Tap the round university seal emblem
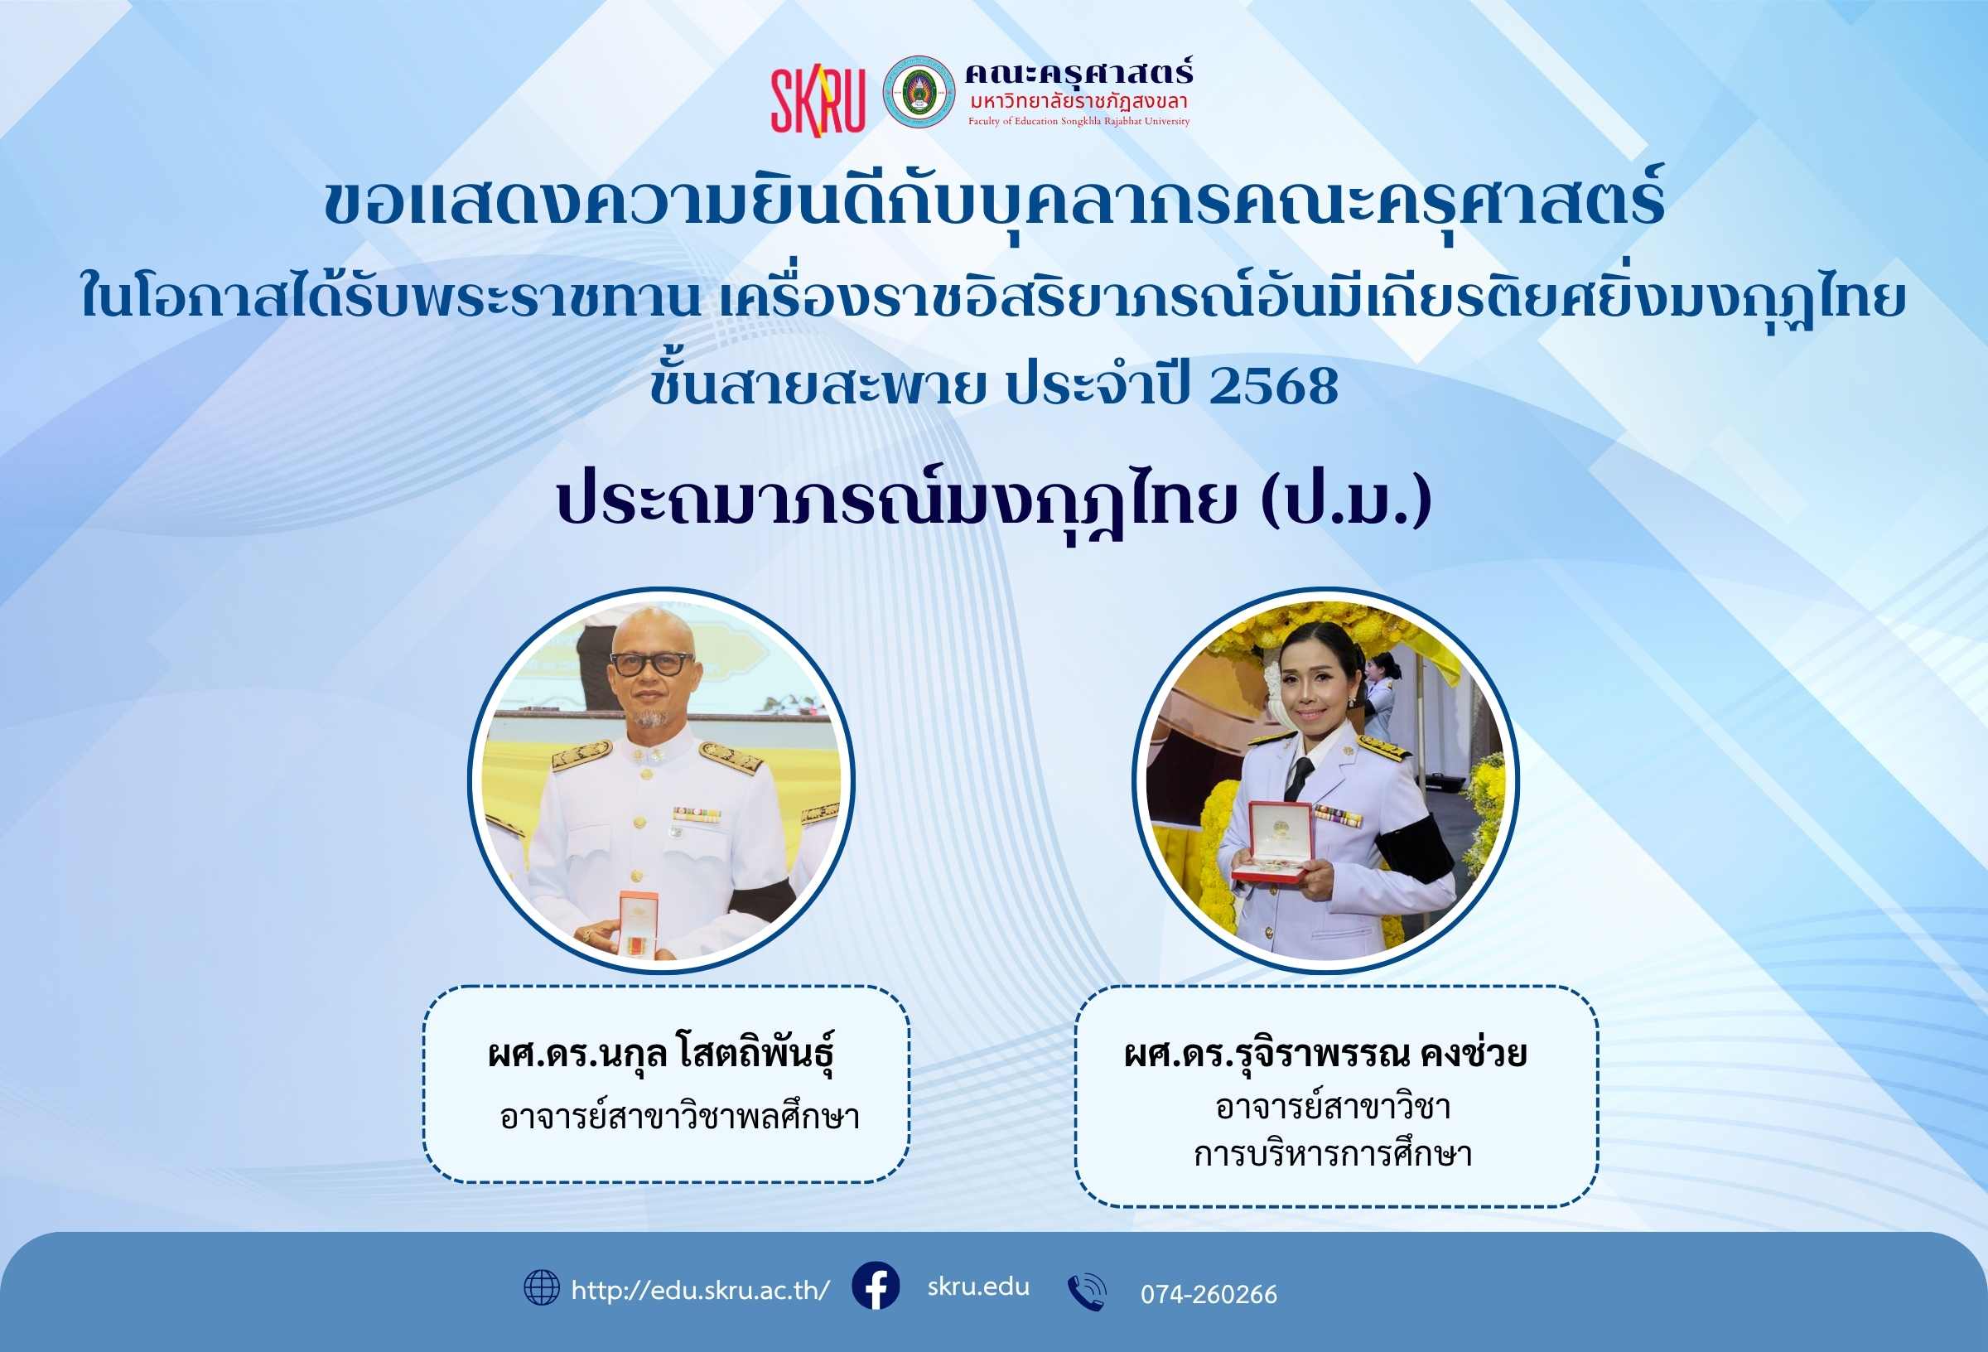(x=919, y=93)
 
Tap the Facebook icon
(x=875, y=1285)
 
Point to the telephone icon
(x=1087, y=1292)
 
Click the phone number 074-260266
(x=1209, y=1295)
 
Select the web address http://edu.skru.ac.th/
(x=700, y=1291)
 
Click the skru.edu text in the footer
(x=978, y=1286)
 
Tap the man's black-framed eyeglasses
(x=652, y=664)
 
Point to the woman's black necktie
(x=1299, y=778)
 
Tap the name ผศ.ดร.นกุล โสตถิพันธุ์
(x=660, y=1054)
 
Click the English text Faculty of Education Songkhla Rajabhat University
(x=1078, y=122)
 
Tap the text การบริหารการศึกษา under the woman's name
(x=1333, y=1154)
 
